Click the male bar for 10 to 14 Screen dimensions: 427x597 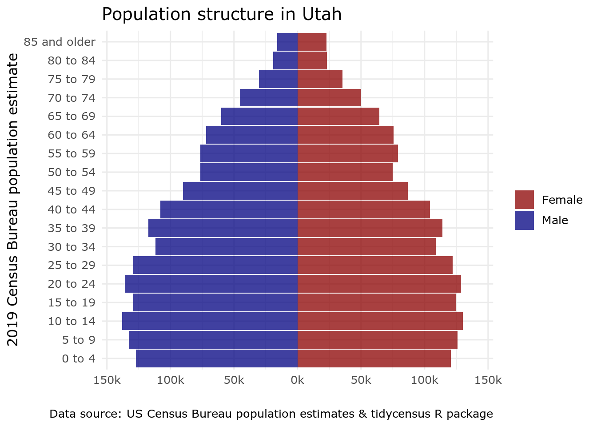[x=210, y=321]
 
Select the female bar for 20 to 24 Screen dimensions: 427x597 [x=379, y=284]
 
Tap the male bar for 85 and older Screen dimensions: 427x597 [x=287, y=42]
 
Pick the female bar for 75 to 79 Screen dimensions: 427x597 [x=320, y=79]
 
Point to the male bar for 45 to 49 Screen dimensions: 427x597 [x=240, y=191]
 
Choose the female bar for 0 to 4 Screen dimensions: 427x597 [x=374, y=359]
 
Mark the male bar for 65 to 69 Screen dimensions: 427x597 [x=259, y=117]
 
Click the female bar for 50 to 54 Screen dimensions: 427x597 [x=345, y=172]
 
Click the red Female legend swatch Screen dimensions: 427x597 [x=524, y=200]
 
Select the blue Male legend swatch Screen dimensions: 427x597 [x=524, y=220]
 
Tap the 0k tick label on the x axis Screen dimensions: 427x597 [x=297, y=380]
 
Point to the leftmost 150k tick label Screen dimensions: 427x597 [x=107, y=380]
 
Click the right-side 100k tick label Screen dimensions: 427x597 [x=425, y=380]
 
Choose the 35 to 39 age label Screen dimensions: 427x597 [x=72, y=228]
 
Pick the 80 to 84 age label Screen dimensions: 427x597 [x=72, y=60]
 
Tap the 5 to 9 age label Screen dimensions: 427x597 [x=79, y=340]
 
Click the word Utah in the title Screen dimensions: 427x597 [x=322, y=14]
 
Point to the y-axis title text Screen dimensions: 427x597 [x=13, y=199]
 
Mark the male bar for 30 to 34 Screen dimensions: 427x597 [x=226, y=247]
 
